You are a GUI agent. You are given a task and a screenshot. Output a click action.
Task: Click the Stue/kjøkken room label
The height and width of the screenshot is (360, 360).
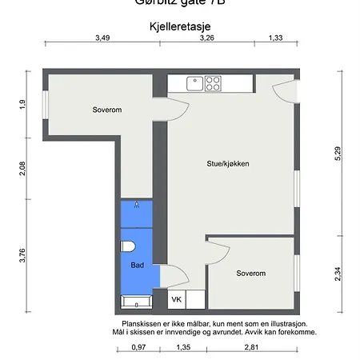[228, 163]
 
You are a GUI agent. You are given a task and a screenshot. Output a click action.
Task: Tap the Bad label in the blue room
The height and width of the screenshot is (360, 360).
[137, 265]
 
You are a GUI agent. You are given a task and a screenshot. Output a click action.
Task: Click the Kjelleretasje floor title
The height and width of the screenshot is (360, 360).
[179, 26]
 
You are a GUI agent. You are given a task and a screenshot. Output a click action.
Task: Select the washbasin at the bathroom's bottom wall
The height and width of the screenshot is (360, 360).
[135, 302]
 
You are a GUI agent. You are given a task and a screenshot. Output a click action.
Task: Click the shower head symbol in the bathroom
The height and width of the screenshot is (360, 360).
[137, 205]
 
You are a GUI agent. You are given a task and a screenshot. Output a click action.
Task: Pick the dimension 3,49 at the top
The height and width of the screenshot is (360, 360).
[102, 38]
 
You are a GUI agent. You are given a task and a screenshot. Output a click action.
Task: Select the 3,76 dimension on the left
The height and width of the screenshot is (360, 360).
[22, 255]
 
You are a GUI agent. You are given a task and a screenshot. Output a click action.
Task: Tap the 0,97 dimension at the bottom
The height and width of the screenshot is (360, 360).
[138, 348]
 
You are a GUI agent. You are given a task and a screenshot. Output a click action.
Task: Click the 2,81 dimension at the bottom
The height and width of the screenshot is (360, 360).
[250, 348]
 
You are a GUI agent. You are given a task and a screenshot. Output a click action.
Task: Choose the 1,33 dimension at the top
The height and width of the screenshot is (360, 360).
[276, 38]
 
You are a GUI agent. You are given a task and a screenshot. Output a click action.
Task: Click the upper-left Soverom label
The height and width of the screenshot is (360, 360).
[106, 110]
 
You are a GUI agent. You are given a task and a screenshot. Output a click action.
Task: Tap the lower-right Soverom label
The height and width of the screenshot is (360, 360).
[250, 273]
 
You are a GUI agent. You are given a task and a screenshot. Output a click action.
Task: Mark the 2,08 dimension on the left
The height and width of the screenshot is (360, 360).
[22, 169]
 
